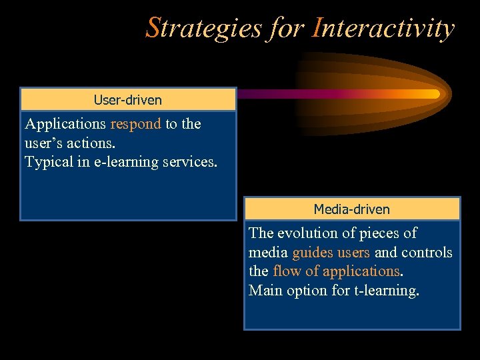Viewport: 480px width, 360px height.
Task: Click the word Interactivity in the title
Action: pyautogui.click(x=383, y=29)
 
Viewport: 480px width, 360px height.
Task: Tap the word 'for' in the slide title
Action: pyautogui.click(x=287, y=29)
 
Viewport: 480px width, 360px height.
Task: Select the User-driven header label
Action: pyautogui.click(x=128, y=100)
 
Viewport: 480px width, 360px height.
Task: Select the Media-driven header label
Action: pyautogui.click(x=352, y=209)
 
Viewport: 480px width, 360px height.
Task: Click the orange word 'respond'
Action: pyautogui.click(x=136, y=124)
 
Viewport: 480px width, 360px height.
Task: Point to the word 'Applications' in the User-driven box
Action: pyautogui.click(x=65, y=124)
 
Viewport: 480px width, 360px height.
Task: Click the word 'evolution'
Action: pyautogui.click(x=307, y=233)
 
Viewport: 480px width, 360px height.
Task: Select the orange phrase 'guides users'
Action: pyautogui.click(x=331, y=253)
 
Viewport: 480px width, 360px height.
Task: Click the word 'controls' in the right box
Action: pyautogui.click(x=427, y=253)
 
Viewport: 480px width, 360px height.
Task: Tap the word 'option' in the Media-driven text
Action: pyautogui.click(x=307, y=291)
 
